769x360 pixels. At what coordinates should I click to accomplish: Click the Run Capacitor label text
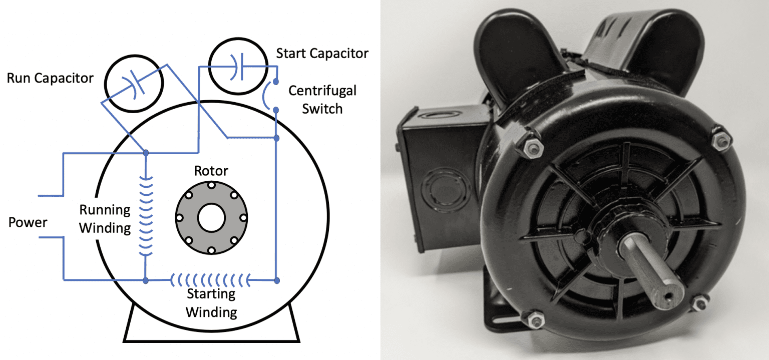coord(50,78)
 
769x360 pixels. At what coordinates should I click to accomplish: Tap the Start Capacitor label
coord(322,53)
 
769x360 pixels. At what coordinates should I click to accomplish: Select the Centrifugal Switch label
coord(322,99)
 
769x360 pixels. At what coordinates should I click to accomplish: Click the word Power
coord(28,222)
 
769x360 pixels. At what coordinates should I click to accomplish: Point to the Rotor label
coord(211,171)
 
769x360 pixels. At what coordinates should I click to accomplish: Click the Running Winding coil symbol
coord(145,215)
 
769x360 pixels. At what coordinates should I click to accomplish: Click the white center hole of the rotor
coord(211,219)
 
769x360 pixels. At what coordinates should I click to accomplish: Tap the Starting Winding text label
coord(211,303)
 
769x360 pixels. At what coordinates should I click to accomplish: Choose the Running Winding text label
coord(105,219)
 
